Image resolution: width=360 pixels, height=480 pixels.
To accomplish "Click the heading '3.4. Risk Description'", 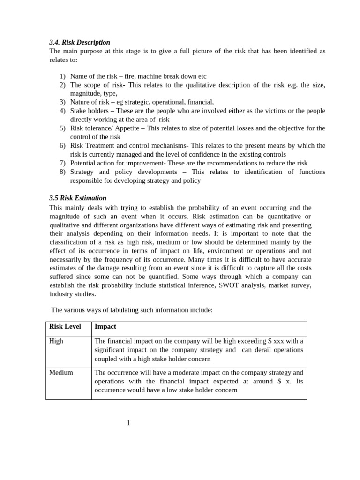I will (x=80, y=42).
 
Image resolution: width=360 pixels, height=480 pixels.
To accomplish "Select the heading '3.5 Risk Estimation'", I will (x=78, y=198).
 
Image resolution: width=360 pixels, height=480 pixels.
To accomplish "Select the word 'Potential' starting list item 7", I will (x=83, y=163).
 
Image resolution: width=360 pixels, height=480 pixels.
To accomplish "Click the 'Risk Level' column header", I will (x=65, y=326).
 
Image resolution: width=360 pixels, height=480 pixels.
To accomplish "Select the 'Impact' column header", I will (x=105, y=326).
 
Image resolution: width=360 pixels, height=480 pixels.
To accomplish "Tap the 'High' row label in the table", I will (x=56, y=341).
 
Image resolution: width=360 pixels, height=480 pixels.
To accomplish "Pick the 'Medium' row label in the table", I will (x=61, y=372).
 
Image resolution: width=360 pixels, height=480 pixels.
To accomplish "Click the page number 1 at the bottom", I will (x=128, y=423).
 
